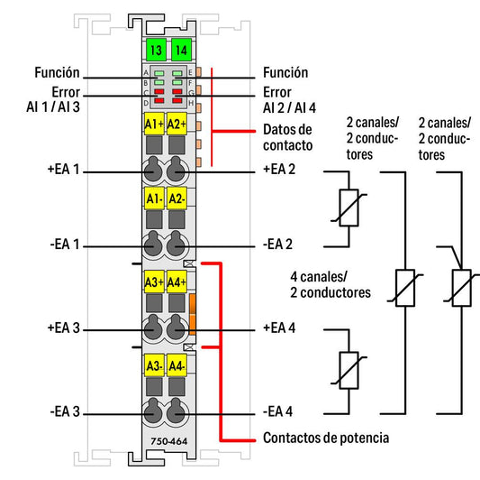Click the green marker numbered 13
(156, 50)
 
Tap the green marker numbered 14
(181, 50)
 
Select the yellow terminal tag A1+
(154, 124)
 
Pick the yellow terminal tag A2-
(177, 198)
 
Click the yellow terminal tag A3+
(154, 282)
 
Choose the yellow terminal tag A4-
(177, 365)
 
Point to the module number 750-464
(169, 441)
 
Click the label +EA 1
(64, 170)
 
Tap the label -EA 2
(277, 245)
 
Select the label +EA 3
(64, 328)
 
